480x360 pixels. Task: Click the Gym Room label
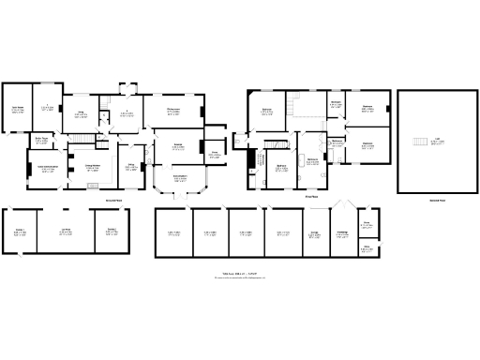[x=18, y=110]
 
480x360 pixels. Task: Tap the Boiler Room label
[x=41, y=140]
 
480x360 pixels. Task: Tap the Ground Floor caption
[x=112, y=200]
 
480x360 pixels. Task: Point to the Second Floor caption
[x=437, y=200]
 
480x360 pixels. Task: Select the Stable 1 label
[x=20, y=231]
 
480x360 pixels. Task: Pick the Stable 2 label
[x=112, y=231]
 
